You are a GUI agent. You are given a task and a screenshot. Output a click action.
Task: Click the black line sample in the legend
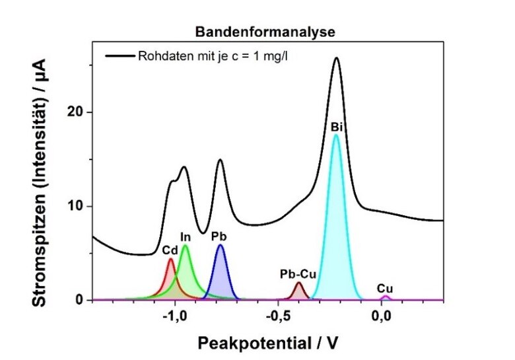coord(120,55)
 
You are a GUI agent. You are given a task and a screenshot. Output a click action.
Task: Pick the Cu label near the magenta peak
coord(385,288)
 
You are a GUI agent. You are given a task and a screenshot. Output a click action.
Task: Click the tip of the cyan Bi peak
coord(336,135)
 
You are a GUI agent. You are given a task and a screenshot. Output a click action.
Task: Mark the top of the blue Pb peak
coord(221,245)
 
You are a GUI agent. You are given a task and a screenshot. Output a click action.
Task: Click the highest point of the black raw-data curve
coord(336,57)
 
